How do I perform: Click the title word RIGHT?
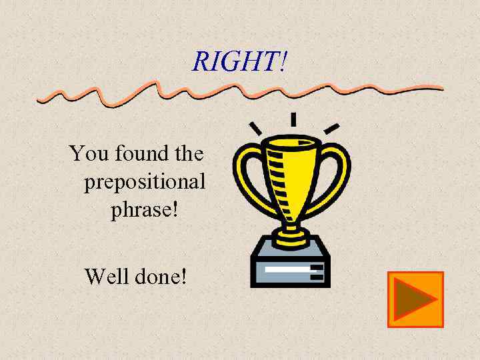(240, 61)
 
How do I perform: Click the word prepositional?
(145, 181)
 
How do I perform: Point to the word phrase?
(144, 210)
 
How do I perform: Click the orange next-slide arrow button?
(415, 299)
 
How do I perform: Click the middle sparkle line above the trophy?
(293, 120)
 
